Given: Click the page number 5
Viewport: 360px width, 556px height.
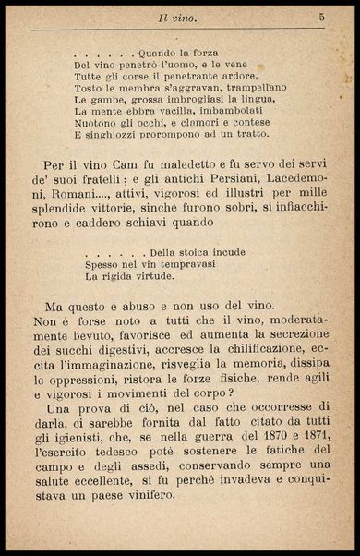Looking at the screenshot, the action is coord(321,17).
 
